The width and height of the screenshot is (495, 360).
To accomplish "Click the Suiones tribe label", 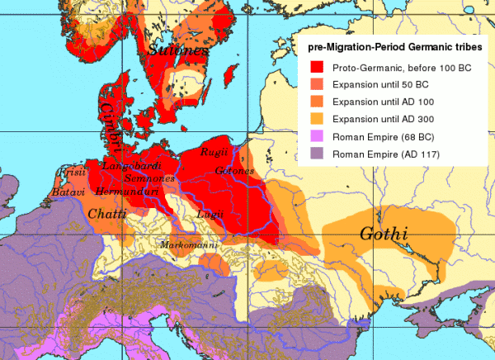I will tap(178, 54).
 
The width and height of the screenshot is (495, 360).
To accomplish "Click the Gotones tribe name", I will tap(233, 171).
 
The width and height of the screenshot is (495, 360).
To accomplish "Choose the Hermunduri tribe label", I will tap(125, 191).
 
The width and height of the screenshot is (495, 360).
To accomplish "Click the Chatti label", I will tap(103, 215).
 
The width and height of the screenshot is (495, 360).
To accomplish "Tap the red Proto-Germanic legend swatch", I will tap(315, 67).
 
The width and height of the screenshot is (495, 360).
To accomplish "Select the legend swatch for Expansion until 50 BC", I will tap(315, 85).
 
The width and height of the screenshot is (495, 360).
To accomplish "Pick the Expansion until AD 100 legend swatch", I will tap(315, 102).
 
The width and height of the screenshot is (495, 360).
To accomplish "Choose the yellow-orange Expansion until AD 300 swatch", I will tap(315, 120).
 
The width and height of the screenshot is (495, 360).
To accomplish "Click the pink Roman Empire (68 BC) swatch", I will tap(315, 137).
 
